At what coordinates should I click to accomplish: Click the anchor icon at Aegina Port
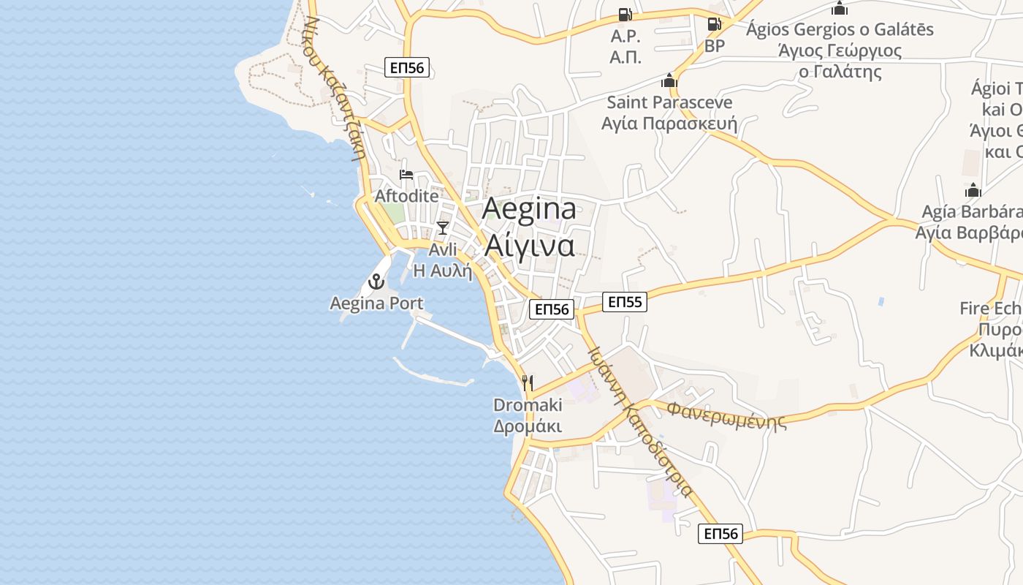[x=376, y=282]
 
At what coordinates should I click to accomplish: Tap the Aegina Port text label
[x=376, y=303]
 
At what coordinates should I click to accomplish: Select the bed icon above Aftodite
[x=406, y=175]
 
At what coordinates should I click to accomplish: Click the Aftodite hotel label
[x=406, y=196]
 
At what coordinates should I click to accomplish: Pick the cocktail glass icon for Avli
[x=442, y=228]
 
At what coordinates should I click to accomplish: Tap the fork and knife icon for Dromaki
[x=528, y=382]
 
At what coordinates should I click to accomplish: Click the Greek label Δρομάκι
[x=528, y=426]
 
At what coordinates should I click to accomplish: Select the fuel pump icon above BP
[x=714, y=24]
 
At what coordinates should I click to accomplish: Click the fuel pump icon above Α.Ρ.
[x=625, y=15]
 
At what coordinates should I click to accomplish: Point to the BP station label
[x=715, y=46]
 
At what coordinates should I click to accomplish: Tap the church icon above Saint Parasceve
[x=669, y=80]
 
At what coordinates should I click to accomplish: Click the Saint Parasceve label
[x=669, y=102]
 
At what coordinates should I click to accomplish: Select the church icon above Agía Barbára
[x=973, y=191]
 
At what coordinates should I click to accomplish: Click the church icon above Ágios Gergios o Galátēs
[x=840, y=9]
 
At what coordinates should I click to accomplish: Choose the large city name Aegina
[x=529, y=209]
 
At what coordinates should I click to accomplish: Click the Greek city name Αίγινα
[x=529, y=246]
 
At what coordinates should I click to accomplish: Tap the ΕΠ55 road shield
[x=625, y=301]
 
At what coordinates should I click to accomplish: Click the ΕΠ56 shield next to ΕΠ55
[x=552, y=309]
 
